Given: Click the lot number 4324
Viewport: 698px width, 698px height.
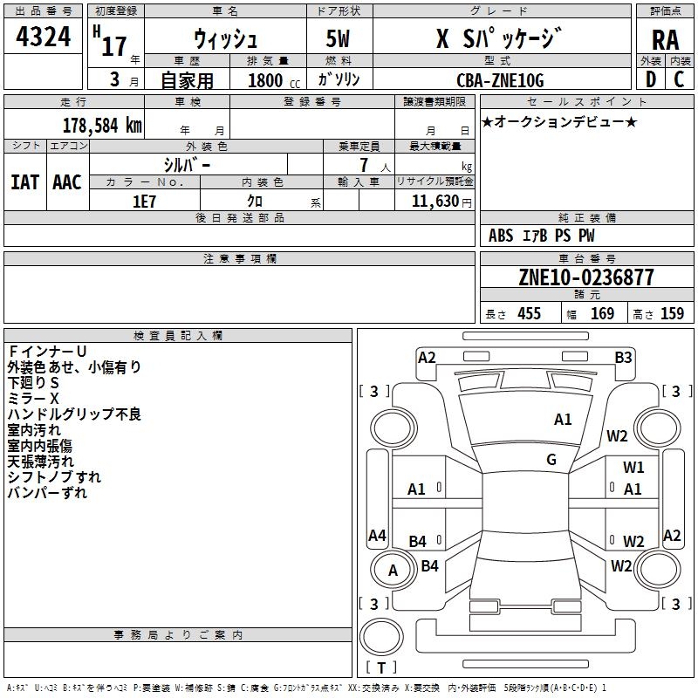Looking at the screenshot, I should [x=44, y=39].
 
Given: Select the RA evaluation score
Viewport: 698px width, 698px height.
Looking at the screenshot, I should [x=666, y=40].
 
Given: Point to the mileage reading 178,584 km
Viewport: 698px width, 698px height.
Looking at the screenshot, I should [x=102, y=125].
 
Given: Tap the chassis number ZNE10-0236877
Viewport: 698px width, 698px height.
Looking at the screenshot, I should [x=586, y=278].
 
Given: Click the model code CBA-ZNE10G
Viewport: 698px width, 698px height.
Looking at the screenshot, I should [x=500, y=80].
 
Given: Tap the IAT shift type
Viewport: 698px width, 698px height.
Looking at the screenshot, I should [x=24, y=181].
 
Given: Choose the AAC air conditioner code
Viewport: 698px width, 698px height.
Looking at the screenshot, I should [x=67, y=181].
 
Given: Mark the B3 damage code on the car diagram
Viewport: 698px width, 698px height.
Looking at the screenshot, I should [x=623, y=357].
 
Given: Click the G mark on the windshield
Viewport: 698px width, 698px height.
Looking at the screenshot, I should [x=551, y=460].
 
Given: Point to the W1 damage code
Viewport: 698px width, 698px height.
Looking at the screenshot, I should [x=633, y=468].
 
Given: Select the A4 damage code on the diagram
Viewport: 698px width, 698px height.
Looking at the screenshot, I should [x=377, y=535].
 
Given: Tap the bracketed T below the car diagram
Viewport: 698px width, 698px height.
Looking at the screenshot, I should [x=381, y=668].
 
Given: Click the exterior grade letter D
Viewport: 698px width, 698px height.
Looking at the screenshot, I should [x=650, y=80].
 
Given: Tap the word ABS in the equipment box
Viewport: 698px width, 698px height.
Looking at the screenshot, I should [x=501, y=236].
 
